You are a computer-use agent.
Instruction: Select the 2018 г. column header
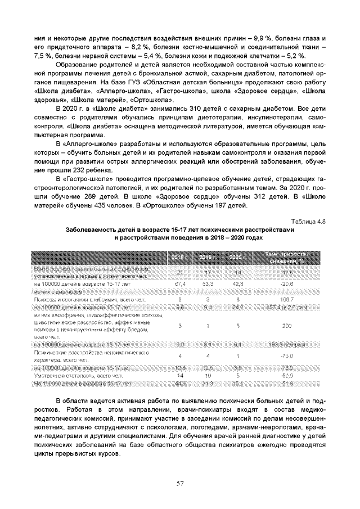180,258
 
